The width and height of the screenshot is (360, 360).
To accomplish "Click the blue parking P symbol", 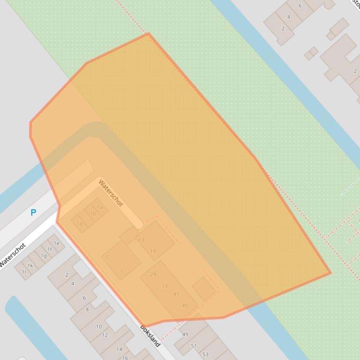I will [x=33, y=213].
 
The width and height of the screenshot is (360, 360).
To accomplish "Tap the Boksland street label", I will [x=150, y=335].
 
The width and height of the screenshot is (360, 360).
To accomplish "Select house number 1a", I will [x=100, y=208].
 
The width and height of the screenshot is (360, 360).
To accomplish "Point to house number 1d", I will [x=80, y=223].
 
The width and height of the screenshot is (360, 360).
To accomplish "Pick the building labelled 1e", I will [x=56, y=243].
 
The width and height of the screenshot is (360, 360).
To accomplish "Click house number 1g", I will [x=44, y=256].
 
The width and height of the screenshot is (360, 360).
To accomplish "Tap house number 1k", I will [x=30, y=266].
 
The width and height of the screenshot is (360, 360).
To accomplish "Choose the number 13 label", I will [x=141, y=240].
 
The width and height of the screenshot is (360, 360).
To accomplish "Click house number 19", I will [x=153, y=251].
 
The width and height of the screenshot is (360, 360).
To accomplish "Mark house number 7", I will [x=107, y=257].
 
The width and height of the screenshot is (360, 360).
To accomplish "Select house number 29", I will [x=153, y=274].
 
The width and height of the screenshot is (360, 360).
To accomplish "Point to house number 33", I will [x=164, y=286].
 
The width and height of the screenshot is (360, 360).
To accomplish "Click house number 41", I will [x=176, y=294].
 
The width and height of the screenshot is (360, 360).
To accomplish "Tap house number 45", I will [x=185, y=306].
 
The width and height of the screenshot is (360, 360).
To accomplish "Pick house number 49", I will [x=185, y=334].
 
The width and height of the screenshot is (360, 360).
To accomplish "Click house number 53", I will [x=205, y=354].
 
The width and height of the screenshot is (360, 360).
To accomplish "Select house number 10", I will [x=99, y=326].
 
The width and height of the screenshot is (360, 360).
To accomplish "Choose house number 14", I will [x=119, y=349].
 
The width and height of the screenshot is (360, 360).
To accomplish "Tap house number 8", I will [x=87, y=309].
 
